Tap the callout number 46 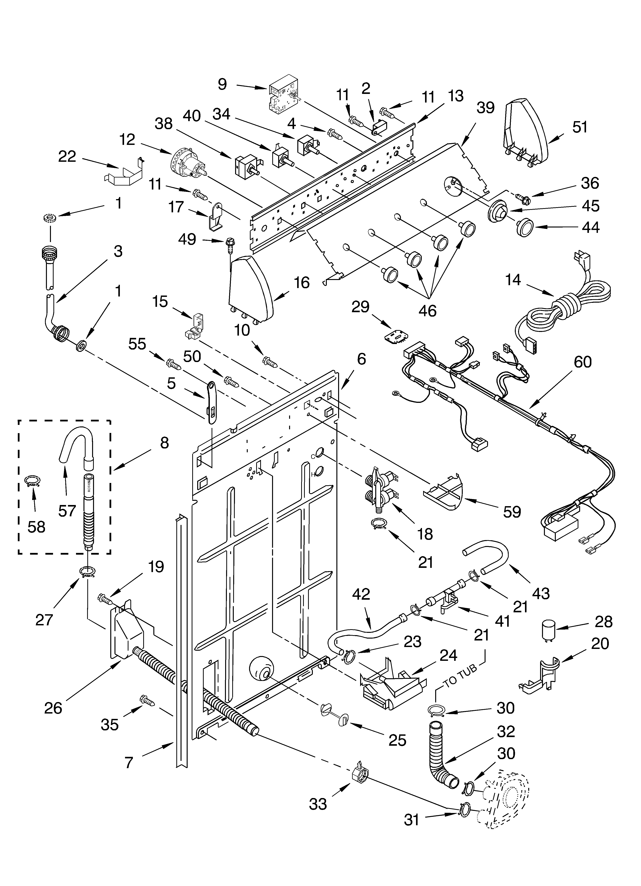(x=427, y=310)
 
